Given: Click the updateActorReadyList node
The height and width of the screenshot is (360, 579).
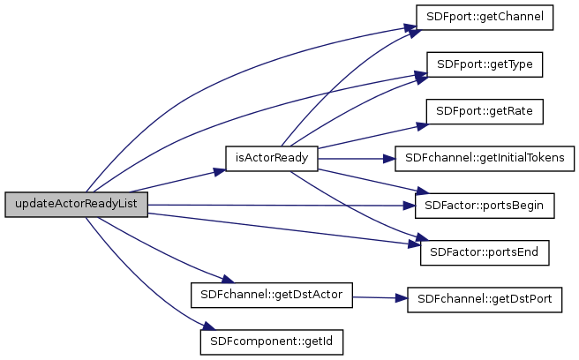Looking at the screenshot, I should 76,205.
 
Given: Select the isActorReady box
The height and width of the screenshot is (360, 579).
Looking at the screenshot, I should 271,159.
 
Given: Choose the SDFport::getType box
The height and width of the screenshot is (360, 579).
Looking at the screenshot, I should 484,65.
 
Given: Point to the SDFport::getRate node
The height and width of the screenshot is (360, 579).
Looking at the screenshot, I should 484,112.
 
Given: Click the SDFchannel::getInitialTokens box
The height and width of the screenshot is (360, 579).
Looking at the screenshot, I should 484,159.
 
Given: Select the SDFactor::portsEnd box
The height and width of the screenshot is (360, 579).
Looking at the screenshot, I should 484,252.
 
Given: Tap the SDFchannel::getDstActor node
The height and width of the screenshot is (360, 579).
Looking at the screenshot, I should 271,294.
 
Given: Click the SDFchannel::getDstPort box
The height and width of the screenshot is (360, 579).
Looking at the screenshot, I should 484,299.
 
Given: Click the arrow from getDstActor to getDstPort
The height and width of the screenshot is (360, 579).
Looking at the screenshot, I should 379,297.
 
